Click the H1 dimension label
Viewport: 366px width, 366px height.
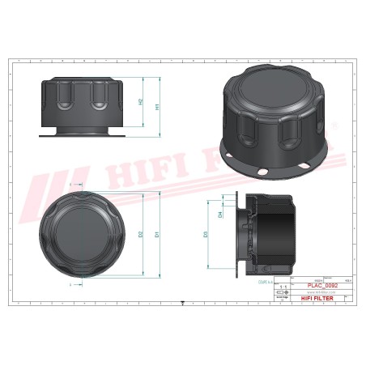157,106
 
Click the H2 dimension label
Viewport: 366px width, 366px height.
140,102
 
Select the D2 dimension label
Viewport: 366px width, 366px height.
141,235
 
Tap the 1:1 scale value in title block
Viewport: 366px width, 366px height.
282,286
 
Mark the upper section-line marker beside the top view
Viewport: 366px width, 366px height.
72,185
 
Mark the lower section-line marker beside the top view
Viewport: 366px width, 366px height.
72,284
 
